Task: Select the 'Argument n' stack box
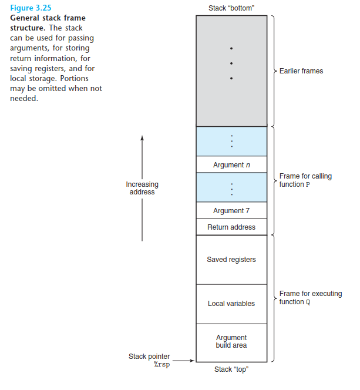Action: pyautogui.click(x=231, y=165)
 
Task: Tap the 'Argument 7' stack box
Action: pyautogui.click(x=231, y=211)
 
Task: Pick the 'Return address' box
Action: pyautogui.click(x=231, y=227)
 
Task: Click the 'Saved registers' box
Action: pyautogui.click(x=231, y=260)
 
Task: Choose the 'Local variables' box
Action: pyautogui.click(x=231, y=304)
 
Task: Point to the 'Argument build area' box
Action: pyautogui.click(x=231, y=342)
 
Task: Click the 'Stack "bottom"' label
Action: pyautogui.click(x=231, y=8)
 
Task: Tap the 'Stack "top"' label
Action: pyautogui.click(x=231, y=369)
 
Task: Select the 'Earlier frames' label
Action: pyautogui.click(x=301, y=71)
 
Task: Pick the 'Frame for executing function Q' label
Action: pyautogui.click(x=311, y=298)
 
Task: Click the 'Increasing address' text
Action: pyautogui.click(x=142, y=188)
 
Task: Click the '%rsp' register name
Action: pyautogui.click(x=162, y=365)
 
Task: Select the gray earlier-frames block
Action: pyautogui.click(x=231, y=70)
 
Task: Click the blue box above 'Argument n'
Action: pyautogui.click(x=231, y=141)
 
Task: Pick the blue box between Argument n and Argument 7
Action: pyautogui.click(x=231, y=188)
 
